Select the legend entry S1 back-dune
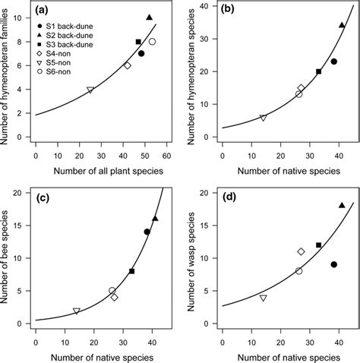pyautogui.click(x=70, y=28)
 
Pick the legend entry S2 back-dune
pyautogui.click(x=70, y=37)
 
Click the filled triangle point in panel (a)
pyautogui.click(x=149, y=17)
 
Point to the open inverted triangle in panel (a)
pyautogui.click(x=90, y=90)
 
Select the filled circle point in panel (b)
pyautogui.click(x=333, y=62)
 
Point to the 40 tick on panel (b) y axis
pyautogui.click(x=207, y=6)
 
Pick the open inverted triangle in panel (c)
pyautogui.click(x=77, y=311)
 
